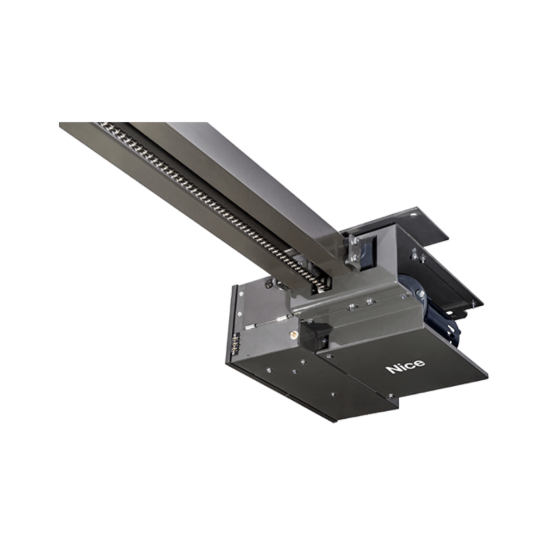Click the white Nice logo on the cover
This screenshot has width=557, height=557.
coord(405,367)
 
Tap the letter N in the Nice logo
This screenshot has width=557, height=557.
coord(392,369)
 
